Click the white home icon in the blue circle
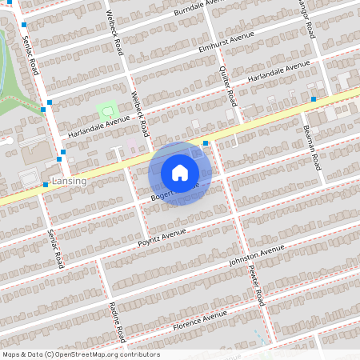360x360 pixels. (180, 172)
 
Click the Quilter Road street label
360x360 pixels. (230, 87)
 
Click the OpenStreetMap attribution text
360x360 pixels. (81, 354)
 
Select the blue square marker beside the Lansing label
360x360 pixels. (46, 185)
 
